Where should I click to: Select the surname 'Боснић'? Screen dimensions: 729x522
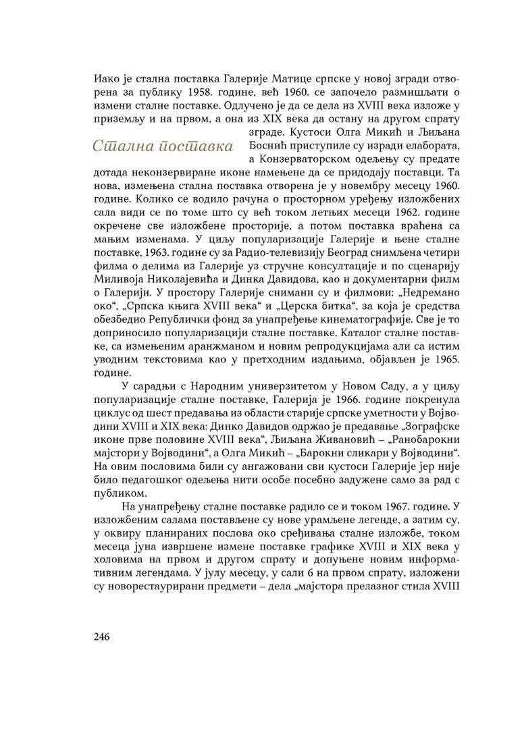click(271, 146)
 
